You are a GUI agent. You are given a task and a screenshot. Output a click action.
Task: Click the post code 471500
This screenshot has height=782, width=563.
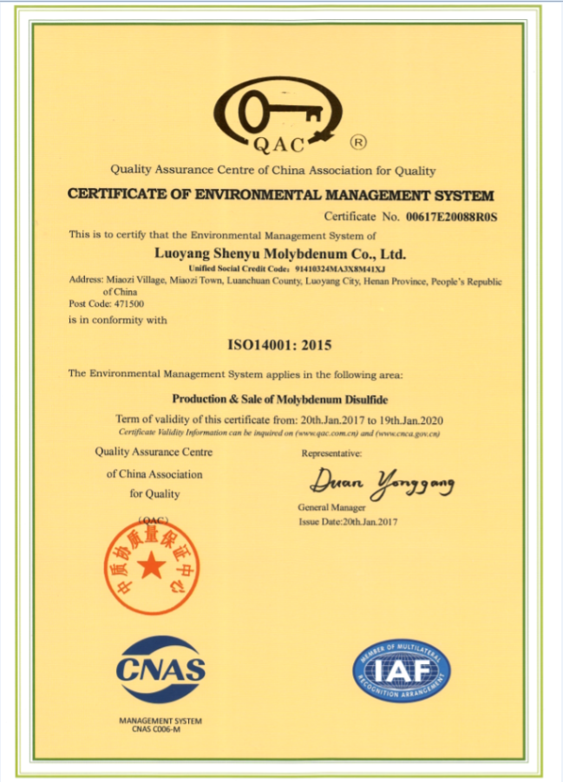(x=107, y=304)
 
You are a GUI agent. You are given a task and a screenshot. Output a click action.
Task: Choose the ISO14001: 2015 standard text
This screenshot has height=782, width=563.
(x=279, y=345)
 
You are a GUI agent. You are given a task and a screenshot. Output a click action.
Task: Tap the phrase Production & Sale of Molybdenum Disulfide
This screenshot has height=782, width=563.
(x=279, y=400)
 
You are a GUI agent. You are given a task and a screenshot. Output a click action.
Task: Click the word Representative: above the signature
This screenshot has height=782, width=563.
(x=331, y=453)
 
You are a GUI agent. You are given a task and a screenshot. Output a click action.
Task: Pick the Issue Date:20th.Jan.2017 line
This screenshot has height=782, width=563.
(x=347, y=522)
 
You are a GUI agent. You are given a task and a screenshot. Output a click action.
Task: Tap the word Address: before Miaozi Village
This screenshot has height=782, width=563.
(x=87, y=281)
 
